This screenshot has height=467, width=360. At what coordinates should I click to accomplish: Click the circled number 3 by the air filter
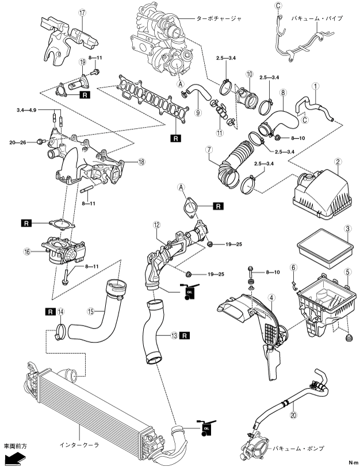347,229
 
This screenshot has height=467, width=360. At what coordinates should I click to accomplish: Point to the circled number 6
292,267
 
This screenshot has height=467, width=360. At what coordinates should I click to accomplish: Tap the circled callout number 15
90,313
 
